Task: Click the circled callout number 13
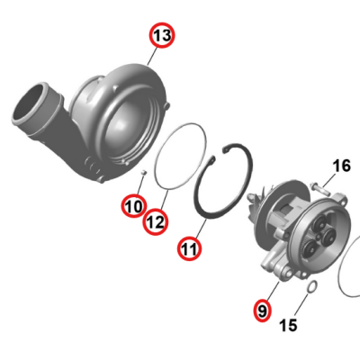(x=161, y=35)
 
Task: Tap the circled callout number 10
(x=133, y=207)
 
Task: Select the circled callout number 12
(x=156, y=220)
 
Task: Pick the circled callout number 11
(x=189, y=247)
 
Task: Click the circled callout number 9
(x=262, y=310)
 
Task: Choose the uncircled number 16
(x=341, y=166)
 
